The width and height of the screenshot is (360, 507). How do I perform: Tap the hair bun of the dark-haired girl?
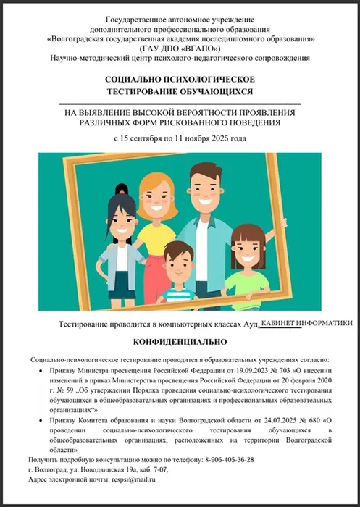point(121,190)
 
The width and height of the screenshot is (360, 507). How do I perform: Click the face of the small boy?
point(177,265)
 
